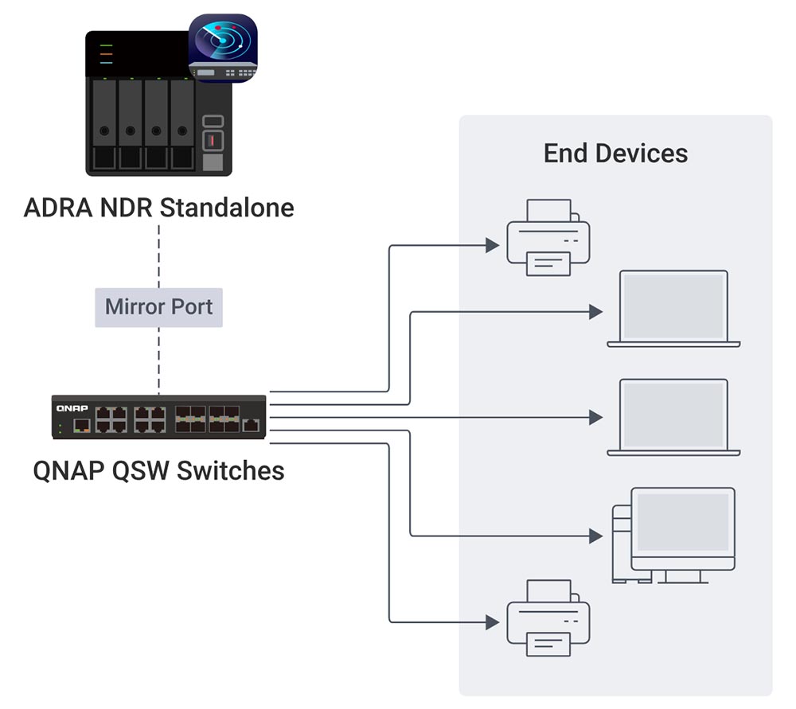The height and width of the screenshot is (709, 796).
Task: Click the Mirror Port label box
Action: tap(158, 306)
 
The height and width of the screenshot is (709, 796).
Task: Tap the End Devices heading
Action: tap(615, 153)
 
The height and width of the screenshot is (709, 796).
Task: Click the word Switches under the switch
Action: tap(231, 470)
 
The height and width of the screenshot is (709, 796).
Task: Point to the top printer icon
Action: tap(548, 238)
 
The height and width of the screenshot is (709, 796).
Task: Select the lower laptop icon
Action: tap(673, 417)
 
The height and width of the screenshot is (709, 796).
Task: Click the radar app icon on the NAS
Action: tap(222, 49)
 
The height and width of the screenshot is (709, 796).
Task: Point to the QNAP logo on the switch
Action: tap(72, 407)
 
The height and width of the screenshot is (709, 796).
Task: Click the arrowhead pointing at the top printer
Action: tap(493, 246)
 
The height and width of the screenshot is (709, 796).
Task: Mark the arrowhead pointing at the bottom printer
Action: tap(493, 621)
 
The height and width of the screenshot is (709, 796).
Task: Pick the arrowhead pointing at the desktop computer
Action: tap(595, 536)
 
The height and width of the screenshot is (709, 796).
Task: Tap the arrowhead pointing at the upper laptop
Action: tap(595, 312)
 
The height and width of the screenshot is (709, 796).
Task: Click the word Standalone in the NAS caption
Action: tap(227, 208)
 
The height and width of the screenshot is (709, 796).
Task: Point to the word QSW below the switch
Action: tap(141, 470)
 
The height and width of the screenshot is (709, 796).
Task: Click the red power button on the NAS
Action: tap(213, 141)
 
